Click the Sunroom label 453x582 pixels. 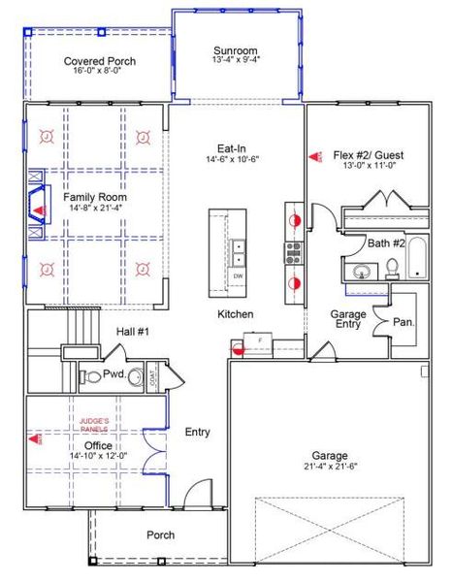click(235, 50)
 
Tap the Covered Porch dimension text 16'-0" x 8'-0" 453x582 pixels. click(100, 72)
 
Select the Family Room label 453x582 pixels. click(96, 197)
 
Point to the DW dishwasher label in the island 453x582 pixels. click(238, 276)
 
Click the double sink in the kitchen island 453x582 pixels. click(238, 254)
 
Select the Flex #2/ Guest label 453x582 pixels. click(368, 155)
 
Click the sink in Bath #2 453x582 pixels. click(362, 272)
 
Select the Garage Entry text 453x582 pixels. click(348, 319)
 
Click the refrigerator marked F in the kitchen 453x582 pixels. click(260, 343)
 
